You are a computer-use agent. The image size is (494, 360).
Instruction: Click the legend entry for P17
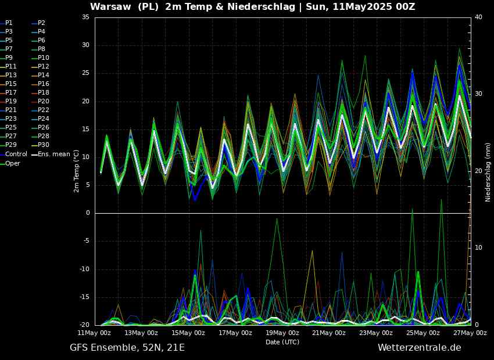click(9, 92)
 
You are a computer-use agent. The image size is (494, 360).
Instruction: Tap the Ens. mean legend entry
click(51, 154)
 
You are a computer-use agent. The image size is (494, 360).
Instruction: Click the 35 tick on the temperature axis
click(85, 17)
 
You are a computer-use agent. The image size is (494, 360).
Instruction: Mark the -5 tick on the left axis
click(85, 242)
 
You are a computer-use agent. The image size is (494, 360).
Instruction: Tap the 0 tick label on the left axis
click(88, 213)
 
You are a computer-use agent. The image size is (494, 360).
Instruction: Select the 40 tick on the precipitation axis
click(478, 17)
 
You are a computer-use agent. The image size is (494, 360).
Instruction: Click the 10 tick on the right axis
click(478, 248)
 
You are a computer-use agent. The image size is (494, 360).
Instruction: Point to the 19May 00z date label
click(282, 333)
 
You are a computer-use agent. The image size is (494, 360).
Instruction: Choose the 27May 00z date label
click(470, 333)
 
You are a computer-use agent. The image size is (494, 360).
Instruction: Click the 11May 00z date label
click(95, 333)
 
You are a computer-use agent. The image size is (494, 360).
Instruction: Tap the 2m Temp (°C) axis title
click(77, 167)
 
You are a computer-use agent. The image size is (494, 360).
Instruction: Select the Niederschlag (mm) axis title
click(488, 172)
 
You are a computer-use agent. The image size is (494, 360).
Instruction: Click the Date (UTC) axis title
click(282, 342)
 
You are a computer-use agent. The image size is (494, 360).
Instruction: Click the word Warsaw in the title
click(110, 6)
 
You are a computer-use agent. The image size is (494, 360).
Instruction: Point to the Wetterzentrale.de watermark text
click(420, 347)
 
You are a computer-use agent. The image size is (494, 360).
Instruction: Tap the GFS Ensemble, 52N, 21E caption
click(127, 348)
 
